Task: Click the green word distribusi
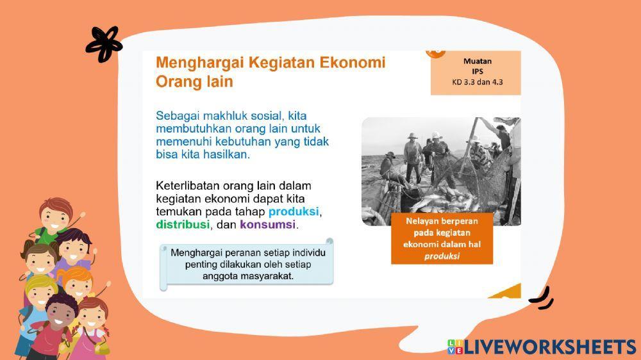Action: click(182, 225)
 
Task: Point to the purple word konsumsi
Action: click(267, 225)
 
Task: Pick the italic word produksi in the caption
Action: click(442, 256)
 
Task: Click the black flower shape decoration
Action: click(103, 44)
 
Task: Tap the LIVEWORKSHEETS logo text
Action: click(550, 347)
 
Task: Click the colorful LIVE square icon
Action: click(454, 347)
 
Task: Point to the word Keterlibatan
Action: click(190, 186)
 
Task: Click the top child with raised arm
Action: click(55, 218)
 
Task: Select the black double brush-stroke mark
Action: click(542, 299)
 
